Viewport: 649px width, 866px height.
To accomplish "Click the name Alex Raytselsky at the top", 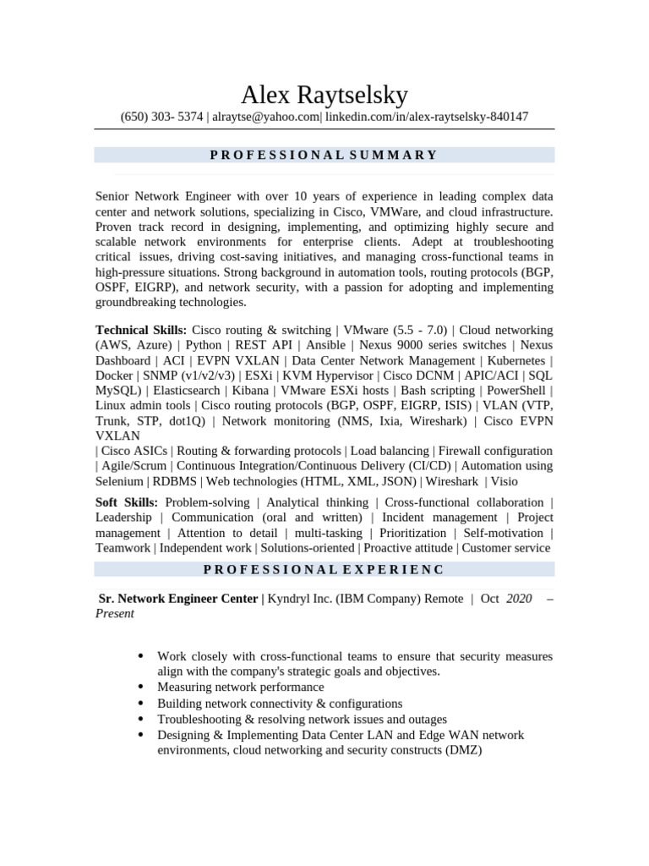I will (x=324, y=94).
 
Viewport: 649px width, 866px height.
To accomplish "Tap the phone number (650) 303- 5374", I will (x=161, y=117).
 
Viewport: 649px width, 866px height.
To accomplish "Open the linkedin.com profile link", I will (x=427, y=117).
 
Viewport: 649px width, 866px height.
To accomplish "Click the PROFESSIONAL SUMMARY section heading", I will (x=324, y=155).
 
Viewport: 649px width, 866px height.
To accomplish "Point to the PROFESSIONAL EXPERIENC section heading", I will (x=324, y=570).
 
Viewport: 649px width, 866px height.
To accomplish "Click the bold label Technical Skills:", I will (x=141, y=330).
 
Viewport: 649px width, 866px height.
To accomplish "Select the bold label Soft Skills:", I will (x=126, y=502).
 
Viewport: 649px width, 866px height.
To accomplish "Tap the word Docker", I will (x=114, y=375).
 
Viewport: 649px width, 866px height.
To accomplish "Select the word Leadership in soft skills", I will (x=123, y=518).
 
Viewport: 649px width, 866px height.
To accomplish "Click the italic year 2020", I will (x=519, y=599).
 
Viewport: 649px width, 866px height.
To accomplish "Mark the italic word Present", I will (x=115, y=614).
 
